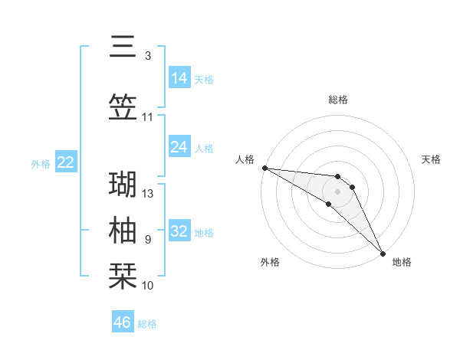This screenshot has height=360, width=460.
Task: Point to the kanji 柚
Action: [x=123, y=231]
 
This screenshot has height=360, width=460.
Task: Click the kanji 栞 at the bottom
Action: [x=123, y=276]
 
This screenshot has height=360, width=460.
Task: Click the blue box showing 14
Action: [x=179, y=78]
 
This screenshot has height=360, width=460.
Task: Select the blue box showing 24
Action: [x=179, y=147]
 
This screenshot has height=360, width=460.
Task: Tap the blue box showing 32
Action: [x=179, y=231]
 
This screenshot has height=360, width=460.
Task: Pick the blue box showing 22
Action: [x=65, y=162]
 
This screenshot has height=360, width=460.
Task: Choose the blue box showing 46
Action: [x=123, y=322]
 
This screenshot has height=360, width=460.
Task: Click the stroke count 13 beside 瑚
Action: [x=149, y=194]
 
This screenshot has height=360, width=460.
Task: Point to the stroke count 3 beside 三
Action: [x=148, y=56]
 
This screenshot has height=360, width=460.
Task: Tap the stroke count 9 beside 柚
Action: [x=148, y=240]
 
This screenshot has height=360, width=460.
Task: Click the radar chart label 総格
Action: [x=338, y=100]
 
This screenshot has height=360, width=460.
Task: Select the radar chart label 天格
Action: [x=432, y=159]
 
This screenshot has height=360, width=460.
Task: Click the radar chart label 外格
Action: [x=270, y=263]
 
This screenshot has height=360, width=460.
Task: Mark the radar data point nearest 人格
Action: [x=264, y=168]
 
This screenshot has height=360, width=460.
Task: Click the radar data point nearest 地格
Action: [x=383, y=253]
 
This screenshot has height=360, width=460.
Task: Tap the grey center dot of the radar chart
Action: [x=337, y=191]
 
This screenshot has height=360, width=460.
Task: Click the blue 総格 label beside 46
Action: [x=147, y=324]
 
